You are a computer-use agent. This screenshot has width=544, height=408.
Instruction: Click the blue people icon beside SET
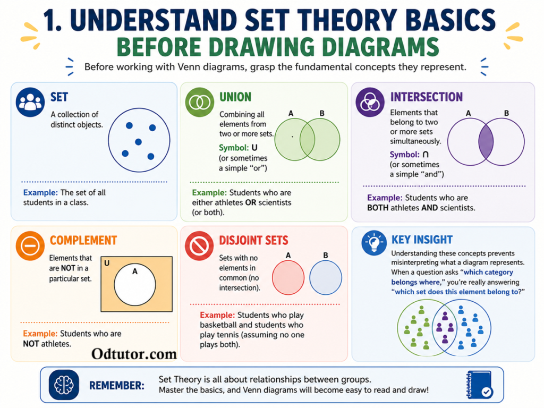coord(30,102)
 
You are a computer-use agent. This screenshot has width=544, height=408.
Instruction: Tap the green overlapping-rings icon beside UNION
coord(200,102)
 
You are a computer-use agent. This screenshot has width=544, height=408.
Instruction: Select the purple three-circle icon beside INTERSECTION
coord(370,102)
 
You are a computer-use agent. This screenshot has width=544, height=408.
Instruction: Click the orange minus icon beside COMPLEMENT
coord(30,245)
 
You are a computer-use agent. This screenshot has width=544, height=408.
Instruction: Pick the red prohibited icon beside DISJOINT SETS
coord(199,245)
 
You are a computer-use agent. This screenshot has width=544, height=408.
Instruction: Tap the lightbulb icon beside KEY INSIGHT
coord(374,243)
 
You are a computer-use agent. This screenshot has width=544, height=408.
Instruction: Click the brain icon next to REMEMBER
coord(64,385)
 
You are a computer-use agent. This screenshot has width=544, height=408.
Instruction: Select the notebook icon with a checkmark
coord(480,385)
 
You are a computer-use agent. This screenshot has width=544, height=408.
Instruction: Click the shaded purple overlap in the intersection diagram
coord(486,142)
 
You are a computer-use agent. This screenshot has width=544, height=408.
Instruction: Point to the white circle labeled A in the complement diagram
coord(135,285)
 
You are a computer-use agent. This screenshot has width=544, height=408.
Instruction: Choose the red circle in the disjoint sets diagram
coord(288,277)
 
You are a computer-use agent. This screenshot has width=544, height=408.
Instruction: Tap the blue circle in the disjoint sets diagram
coord(326,277)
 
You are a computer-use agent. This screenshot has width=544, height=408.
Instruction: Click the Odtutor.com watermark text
coord(134,354)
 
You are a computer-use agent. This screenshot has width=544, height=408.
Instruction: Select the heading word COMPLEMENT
coord(83,240)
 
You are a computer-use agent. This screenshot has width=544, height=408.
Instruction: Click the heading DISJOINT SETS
coord(253,240)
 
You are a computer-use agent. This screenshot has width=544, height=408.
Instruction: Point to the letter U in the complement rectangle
coord(107,263)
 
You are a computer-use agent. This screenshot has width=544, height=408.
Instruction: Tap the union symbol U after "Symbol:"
coord(254,148)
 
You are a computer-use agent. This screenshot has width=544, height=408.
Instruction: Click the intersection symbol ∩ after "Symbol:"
coord(426,154)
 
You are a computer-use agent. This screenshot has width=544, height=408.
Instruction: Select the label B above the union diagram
coord(322,113)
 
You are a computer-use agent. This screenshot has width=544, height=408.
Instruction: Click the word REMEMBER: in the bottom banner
coord(116,386)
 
